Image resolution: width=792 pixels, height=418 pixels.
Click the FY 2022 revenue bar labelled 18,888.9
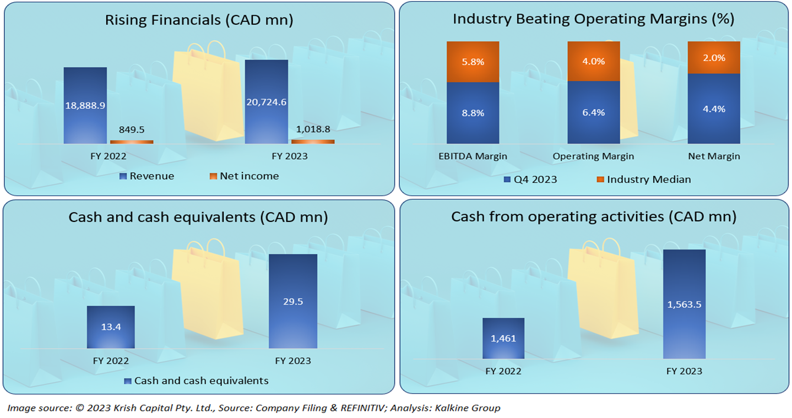coord(85,105)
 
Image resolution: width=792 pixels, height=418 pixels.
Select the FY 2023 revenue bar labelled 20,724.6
coord(266,102)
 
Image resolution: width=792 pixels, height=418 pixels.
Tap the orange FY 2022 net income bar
coord(135,142)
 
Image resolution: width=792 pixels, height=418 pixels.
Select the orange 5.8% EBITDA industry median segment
coord(473,62)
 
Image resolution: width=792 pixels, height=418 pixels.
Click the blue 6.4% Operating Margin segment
coord(594,112)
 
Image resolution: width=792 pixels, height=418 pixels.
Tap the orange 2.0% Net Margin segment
coord(714,57)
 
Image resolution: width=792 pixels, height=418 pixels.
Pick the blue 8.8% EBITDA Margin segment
coord(473,113)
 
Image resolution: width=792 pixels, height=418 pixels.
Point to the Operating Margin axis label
coord(593,156)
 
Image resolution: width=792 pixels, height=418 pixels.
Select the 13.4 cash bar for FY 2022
coord(111,327)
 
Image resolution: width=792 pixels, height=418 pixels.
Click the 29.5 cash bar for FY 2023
coord(292,301)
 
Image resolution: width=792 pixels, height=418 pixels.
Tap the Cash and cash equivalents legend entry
coord(197,381)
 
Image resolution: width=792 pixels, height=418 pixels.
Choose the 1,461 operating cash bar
coord(503,339)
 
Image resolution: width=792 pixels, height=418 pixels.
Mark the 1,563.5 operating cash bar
coord(684,305)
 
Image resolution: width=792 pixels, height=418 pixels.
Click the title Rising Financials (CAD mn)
coord(199,20)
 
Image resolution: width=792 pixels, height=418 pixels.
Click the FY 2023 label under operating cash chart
coord(684,371)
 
